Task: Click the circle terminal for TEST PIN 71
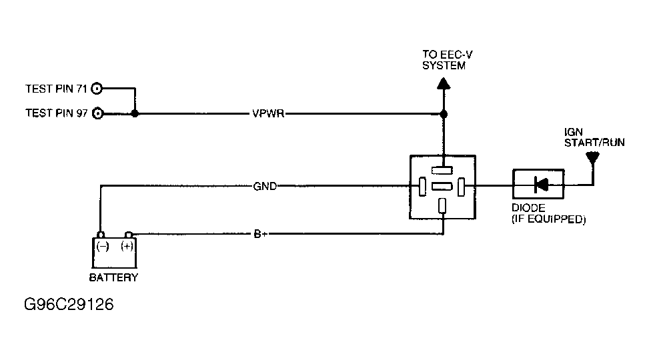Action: point(98,88)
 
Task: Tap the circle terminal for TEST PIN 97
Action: point(98,113)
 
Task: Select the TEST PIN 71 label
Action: point(57,88)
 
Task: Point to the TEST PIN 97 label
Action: point(57,113)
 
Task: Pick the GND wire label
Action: point(265,186)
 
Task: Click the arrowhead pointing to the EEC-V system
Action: point(444,83)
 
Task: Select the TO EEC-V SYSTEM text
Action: point(444,60)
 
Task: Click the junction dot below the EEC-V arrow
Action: point(444,114)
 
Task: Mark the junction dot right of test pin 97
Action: point(135,114)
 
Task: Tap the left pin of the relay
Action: point(422,186)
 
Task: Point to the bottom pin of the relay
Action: point(442,205)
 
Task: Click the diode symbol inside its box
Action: point(540,184)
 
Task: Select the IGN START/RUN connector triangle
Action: point(591,159)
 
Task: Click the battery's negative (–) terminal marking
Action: point(103,247)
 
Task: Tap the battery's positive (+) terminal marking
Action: point(125,247)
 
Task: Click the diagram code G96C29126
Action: point(69,305)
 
